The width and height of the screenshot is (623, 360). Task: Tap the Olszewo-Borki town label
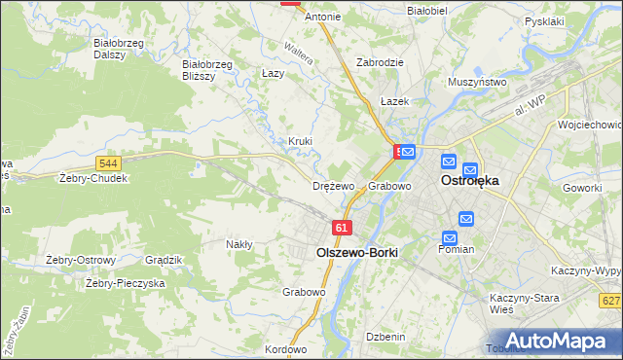point(357,251)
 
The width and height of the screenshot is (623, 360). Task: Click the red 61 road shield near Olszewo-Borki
point(341,227)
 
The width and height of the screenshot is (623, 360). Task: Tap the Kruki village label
point(300,141)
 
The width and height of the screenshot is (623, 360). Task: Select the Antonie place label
point(323,17)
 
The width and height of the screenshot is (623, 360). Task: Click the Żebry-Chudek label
point(93,178)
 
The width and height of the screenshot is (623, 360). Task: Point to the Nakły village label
point(239,244)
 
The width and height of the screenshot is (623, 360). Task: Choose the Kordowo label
point(285,349)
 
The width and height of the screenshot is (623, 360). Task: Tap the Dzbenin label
point(385,336)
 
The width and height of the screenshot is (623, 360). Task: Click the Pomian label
point(456,249)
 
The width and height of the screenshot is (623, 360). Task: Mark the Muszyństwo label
point(477,83)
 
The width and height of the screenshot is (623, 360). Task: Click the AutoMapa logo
point(561,341)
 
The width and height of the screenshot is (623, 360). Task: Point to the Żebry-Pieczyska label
point(125,283)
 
